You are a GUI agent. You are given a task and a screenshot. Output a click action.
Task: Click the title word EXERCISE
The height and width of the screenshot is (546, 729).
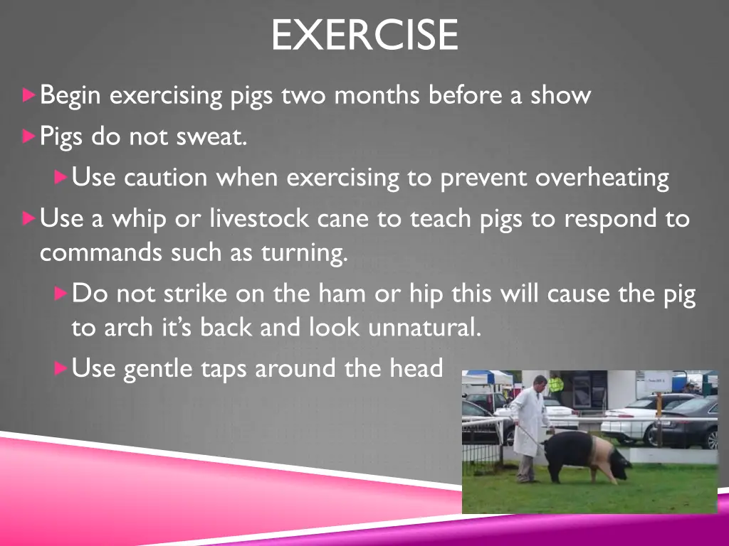364,36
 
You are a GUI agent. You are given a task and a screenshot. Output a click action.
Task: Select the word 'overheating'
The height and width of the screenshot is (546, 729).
602,177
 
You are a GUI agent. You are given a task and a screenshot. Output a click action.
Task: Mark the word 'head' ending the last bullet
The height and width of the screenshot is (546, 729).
416,368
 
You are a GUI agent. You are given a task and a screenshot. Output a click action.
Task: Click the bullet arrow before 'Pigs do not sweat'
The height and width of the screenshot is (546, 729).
28,135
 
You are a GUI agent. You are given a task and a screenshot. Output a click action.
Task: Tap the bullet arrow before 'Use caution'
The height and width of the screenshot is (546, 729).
61,176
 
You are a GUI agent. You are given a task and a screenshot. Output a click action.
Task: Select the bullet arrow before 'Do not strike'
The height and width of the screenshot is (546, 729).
61,292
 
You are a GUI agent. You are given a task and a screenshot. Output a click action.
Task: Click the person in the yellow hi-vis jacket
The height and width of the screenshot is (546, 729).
555,386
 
